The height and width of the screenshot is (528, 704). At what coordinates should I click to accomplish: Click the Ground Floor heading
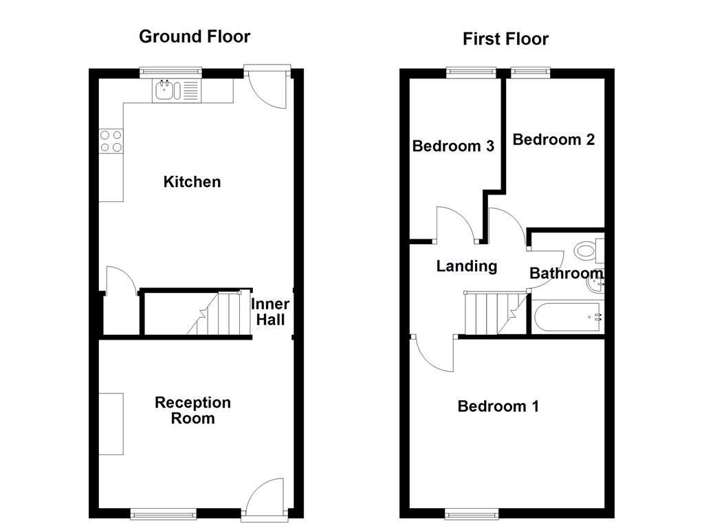pyautogui.click(x=195, y=36)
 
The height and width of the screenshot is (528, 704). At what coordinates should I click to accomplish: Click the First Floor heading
pyautogui.click(x=505, y=39)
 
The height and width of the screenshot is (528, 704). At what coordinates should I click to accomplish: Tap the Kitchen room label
pyautogui.click(x=192, y=182)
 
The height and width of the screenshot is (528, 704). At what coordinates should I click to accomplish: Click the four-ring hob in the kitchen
pyautogui.click(x=111, y=141)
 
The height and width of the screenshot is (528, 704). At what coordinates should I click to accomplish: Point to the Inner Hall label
pyautogui.click(x=269, y=311)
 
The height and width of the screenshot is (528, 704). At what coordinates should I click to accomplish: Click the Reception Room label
pyautogui.click(x=192, y=410)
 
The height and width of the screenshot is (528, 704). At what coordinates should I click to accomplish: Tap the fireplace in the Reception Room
pyautogui.click(x=111, y=423)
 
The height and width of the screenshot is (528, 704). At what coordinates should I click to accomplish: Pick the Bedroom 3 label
pyautogui.click(x=453, y=146)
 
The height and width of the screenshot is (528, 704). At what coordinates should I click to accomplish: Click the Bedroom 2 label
pyautogui.click(x=553, y=140)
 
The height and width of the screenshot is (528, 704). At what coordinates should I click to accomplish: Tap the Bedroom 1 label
pyautogui.click(x=498, y=406)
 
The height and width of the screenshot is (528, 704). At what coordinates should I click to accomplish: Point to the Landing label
pyautogui.click(x=466, y=266)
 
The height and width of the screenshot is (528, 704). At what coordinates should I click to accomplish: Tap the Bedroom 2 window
pyautogui.click(x=530, y=70)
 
